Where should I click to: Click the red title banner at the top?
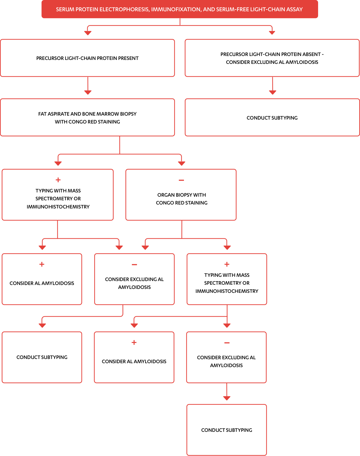[x=180, y=9]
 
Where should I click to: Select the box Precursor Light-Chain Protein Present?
[x=87, y=58]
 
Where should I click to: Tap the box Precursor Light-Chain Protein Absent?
[x=272, y=58]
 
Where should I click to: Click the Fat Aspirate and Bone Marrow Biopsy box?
[x=87, y=118]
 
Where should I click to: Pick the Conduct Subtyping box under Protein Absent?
[x=272, y=118]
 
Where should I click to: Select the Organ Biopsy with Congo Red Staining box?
[x=181, y=199]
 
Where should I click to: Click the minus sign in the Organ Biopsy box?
[x=181, y=180]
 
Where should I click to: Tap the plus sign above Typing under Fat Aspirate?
[x=58, y=180]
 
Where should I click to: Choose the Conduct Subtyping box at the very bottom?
[x=227, y=430]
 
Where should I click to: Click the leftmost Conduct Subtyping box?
[x=42, y=357]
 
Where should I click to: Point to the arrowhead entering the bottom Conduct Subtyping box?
[x=227, y=398]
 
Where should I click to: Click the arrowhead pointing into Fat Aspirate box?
[x=88, y=92]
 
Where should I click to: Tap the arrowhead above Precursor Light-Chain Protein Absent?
[x=272, y=33]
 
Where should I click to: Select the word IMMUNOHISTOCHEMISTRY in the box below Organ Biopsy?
[x=227, y=291]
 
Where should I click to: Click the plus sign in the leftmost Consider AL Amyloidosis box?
[x=42, y=264]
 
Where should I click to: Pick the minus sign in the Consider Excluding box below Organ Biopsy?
[x=134, y=265]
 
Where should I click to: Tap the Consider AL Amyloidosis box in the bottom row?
[x=134, y=361]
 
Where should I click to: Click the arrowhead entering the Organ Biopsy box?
[x=182, y=163]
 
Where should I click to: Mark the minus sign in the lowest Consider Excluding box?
[x=227, y=343]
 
